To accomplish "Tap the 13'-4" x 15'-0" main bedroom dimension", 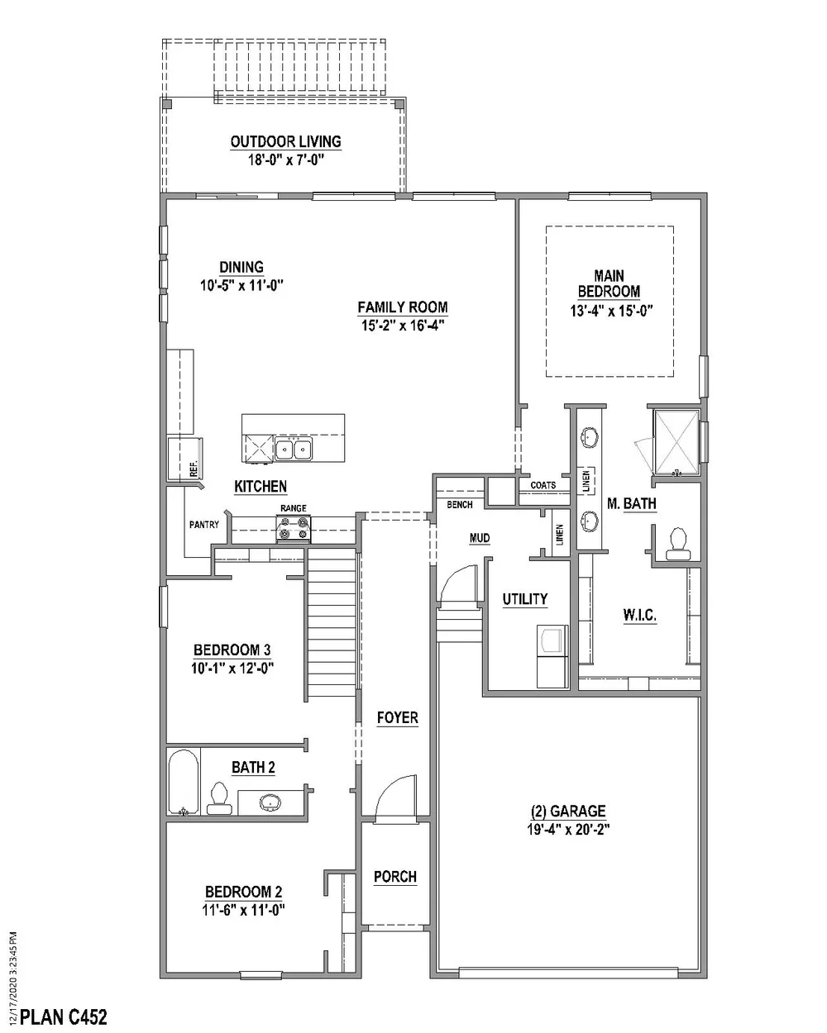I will tap(609, 312).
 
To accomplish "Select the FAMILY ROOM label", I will tap(403, 307).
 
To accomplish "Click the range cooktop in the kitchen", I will tap(294, 527).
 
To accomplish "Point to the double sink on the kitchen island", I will tap(294, 450).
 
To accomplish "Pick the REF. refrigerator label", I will tap(194, 469).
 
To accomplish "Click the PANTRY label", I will tap(203, 524).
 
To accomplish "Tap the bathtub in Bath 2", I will tap(183, 783).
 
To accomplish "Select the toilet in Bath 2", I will tap(218, 794).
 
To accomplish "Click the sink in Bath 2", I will tap(270, 801).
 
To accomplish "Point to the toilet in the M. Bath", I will tap(679, 540).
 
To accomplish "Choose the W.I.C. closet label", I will tap(639, 615).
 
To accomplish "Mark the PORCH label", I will tap(395, 877).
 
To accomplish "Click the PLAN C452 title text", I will tap(63, 1016).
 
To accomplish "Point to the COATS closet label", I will tap(543, 485).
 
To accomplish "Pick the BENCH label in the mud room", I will tap(459, 504).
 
